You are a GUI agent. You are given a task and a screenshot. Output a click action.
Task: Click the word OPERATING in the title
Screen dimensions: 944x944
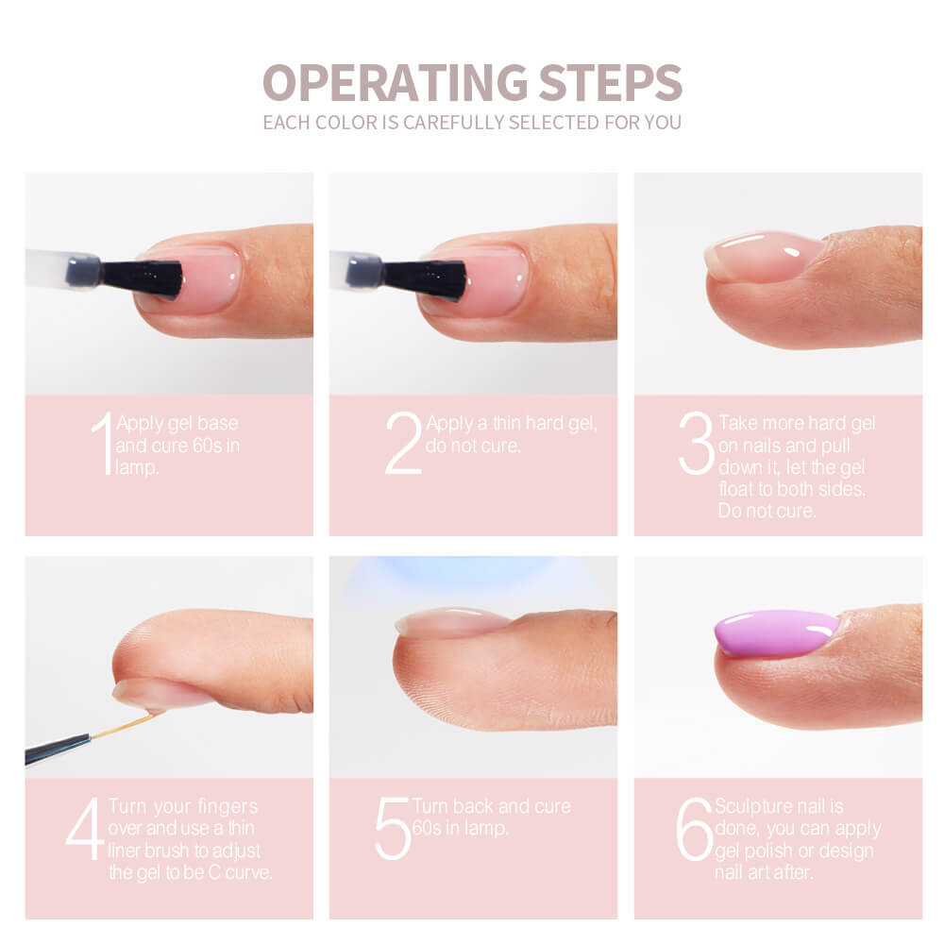(x=395, y=82)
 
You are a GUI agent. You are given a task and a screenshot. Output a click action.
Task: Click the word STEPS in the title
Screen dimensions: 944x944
(x=611, y=82)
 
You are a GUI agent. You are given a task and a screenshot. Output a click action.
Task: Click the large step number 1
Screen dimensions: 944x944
(x=102, y=443)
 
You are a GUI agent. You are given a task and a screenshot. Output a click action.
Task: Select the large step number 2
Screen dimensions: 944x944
(x=403, y=443)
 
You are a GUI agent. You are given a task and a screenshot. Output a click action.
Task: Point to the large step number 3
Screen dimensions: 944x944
(x=697, y=443)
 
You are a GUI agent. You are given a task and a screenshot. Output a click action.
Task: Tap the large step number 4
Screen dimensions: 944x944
(x=85, y=829)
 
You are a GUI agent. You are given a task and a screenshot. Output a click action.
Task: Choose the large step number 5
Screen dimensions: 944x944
(x=393, y=829)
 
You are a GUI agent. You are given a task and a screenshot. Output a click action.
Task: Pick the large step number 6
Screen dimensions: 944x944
(x=695, y=829)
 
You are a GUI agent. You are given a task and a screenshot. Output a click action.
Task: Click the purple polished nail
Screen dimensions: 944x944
(x=777, y=633)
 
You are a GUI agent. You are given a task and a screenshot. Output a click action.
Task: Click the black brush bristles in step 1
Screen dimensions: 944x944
(x=142, y=278)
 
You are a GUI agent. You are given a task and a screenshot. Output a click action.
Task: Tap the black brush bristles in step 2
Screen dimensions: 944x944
(x=425, y=280)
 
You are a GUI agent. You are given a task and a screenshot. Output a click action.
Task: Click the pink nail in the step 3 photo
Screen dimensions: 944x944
(x=765, y=256)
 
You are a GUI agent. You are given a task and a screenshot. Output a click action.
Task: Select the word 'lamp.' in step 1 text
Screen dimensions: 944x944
(x=137, y=468)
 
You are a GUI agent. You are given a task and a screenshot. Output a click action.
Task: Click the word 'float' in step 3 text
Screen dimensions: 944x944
(x=738, y=489)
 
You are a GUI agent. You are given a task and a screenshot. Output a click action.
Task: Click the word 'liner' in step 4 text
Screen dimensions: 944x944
(x=126, y=851)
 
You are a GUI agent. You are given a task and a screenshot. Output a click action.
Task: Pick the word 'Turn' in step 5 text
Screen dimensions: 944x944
(x=430, y=807)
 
